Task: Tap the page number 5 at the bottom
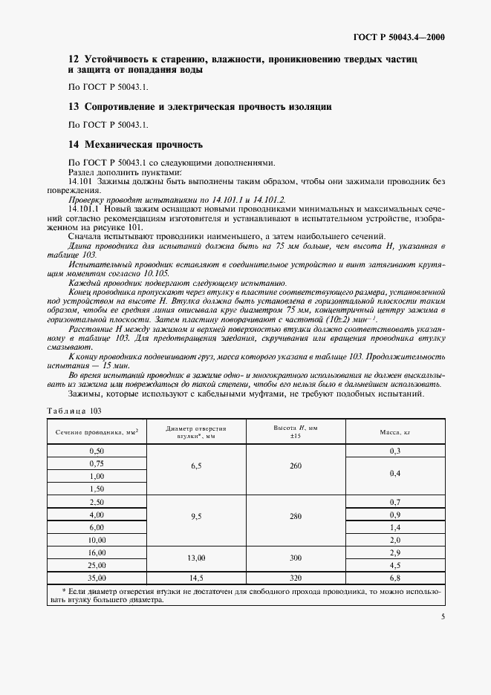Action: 443,616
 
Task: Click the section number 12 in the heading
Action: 73,58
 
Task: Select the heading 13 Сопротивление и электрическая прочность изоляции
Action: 200,107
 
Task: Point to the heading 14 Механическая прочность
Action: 135,144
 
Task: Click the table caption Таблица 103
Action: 74,411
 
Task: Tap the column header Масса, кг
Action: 394,431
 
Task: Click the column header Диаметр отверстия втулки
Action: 196,431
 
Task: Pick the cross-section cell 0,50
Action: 97,451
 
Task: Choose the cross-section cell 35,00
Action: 97,576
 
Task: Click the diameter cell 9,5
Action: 196,515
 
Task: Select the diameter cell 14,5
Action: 196,576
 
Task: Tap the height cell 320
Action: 295,576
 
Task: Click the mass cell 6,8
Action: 394,576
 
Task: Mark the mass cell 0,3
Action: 394,451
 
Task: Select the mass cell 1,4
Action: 394,526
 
